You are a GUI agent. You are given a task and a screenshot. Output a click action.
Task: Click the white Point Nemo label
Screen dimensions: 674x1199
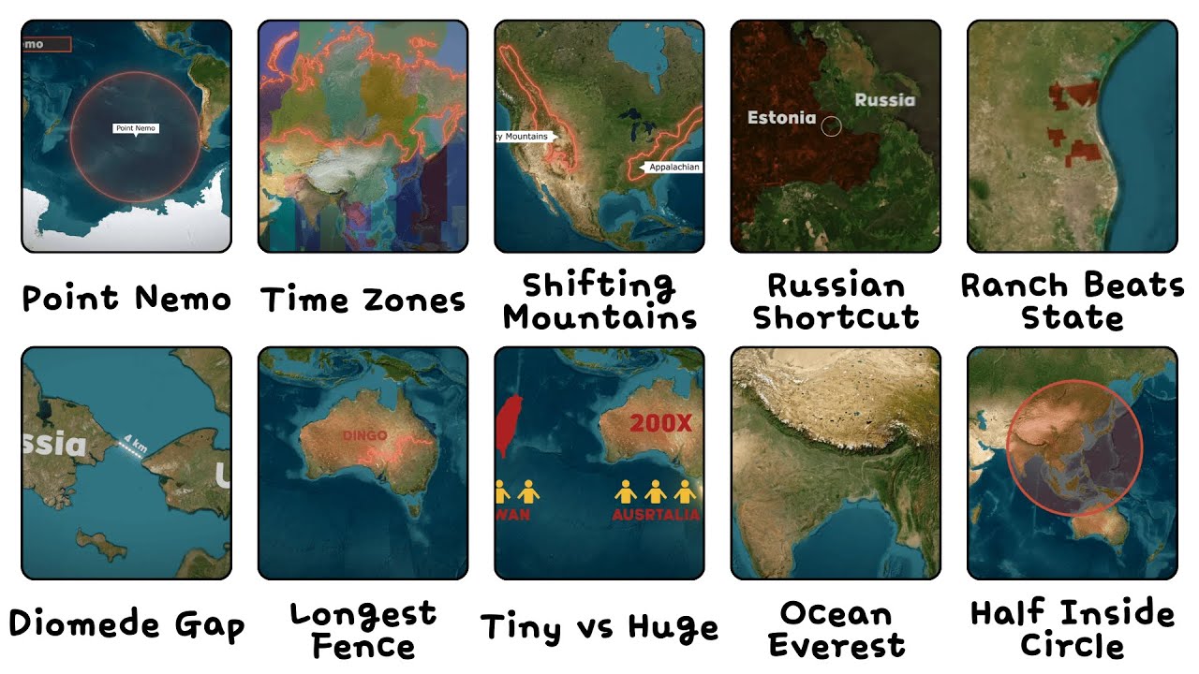[136, 127]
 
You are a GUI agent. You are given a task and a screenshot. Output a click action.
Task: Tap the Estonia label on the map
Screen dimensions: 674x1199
[781, 118]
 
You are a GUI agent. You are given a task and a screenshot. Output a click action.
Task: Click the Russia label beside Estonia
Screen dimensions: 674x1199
[884, 99]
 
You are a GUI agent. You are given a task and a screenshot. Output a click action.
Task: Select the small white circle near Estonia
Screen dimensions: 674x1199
[831, 126]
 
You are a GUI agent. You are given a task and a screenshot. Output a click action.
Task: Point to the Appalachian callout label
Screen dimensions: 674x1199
[670, 168]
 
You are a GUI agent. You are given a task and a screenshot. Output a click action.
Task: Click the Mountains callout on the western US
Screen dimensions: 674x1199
[525, 137]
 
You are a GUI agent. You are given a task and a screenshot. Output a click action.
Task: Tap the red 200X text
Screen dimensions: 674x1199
[660, 423]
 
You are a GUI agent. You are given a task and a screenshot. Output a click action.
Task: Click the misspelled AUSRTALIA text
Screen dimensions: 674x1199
[656, 515]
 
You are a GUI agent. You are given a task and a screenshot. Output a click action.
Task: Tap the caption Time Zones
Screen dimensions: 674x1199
[363, 300]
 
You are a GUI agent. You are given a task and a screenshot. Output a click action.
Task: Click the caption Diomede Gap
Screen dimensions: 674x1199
[126, 625]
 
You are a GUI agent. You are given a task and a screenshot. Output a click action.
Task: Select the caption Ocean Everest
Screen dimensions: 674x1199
[836, 629]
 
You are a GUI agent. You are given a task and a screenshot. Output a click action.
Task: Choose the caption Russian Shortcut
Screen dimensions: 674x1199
[836, 300]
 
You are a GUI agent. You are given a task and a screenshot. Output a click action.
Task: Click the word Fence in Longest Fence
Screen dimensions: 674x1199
[363, 646]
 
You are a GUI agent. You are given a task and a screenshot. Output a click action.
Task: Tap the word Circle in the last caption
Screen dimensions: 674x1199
[1072, 646]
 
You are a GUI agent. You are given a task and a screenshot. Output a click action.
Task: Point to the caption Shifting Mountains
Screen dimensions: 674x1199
[599, 300]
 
